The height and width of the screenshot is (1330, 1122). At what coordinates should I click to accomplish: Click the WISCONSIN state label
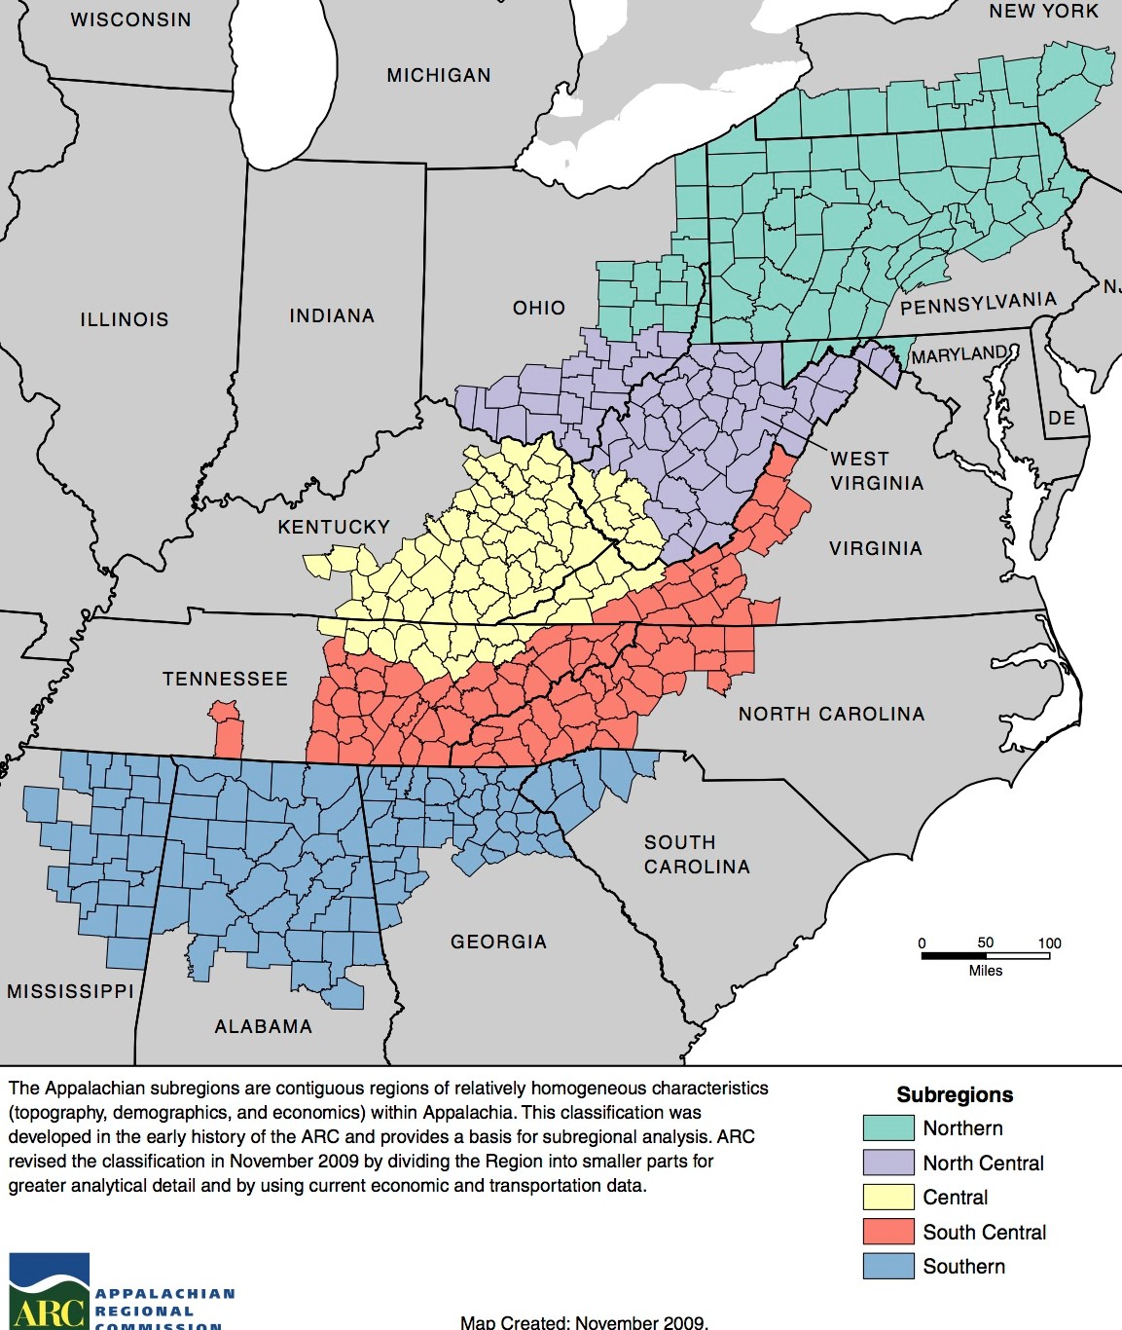point(130,19)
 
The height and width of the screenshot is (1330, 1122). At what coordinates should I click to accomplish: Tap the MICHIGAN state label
point(439,75)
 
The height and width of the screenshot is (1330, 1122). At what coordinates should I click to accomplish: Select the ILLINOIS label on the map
point(125,319)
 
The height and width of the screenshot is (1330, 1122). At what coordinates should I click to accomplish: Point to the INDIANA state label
point(332,315)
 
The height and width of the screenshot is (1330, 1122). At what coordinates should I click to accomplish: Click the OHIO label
point(539,308)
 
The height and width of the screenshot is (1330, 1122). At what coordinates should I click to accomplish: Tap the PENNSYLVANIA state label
point(978,304)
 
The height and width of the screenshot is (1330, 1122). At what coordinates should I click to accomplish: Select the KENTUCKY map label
point(334,527)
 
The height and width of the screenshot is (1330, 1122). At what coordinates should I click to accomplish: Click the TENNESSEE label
point(225,679)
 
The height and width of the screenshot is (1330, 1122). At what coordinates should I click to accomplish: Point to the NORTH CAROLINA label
point(831,714)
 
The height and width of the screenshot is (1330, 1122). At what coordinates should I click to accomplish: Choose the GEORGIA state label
point(498,942)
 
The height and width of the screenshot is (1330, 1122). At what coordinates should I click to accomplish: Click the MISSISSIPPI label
point(70,991)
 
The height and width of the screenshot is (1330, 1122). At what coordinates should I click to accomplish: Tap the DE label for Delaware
point(1062,418)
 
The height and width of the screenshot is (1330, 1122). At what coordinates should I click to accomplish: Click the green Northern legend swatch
point(887,1127)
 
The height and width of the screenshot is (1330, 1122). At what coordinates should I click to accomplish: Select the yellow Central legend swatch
point(887,1197)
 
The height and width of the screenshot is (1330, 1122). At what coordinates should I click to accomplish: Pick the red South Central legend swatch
point(887,1232)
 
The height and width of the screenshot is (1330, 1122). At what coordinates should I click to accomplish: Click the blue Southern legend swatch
point(887,1266)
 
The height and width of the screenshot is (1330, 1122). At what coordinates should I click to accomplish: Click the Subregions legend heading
point(955,1094)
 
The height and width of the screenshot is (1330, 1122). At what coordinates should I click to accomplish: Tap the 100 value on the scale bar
point(1049,942)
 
